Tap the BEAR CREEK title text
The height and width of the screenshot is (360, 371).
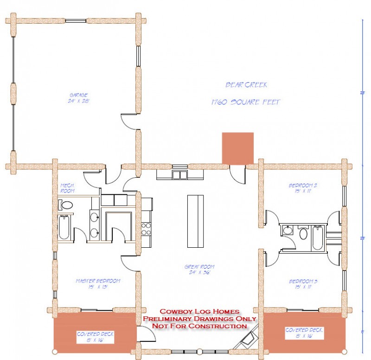coord(246,85)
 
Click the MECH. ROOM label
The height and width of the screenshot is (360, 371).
coord(68,188)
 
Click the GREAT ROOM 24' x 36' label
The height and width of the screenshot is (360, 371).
coord(200,270)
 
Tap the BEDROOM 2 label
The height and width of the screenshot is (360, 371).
coord(302,187)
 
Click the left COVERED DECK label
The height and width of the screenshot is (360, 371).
coord(95,336)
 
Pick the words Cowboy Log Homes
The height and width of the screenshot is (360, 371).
coord(200,312)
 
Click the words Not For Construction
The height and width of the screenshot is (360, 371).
coord(200,326)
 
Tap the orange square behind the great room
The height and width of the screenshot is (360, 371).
coord(237,148)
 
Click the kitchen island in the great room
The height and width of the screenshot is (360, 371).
coord(195,221)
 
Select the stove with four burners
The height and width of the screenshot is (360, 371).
coord(147,229)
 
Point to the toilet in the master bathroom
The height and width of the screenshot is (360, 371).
coord(66,205)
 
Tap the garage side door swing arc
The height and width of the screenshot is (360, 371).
coord(128,122)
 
